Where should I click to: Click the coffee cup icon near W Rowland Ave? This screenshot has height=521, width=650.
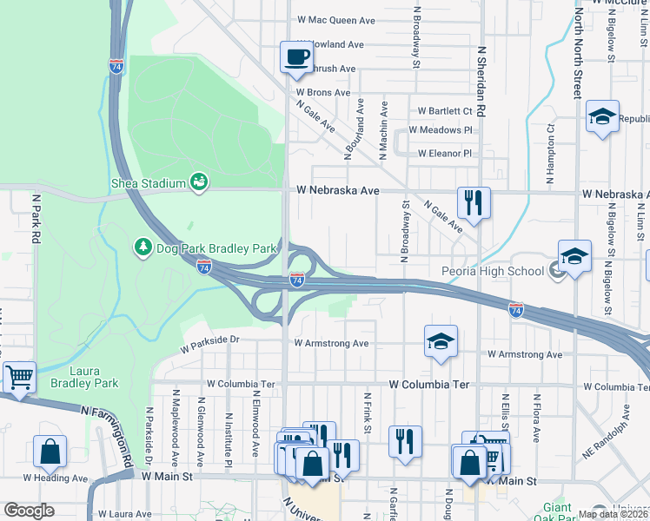[295, 57]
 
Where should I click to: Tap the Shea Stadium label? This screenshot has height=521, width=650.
[149, 183]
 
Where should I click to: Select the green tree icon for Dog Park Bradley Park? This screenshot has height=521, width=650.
[143, 248]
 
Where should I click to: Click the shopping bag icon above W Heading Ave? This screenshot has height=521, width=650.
[50, 451]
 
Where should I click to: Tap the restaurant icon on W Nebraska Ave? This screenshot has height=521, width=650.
[474, 203]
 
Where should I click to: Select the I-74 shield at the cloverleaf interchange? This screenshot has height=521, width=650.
[297, 279]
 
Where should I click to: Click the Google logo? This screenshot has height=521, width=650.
[29, 511]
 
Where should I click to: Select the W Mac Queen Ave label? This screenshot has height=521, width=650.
[335, 18]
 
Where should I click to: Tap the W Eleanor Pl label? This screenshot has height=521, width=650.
[444, 154]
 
